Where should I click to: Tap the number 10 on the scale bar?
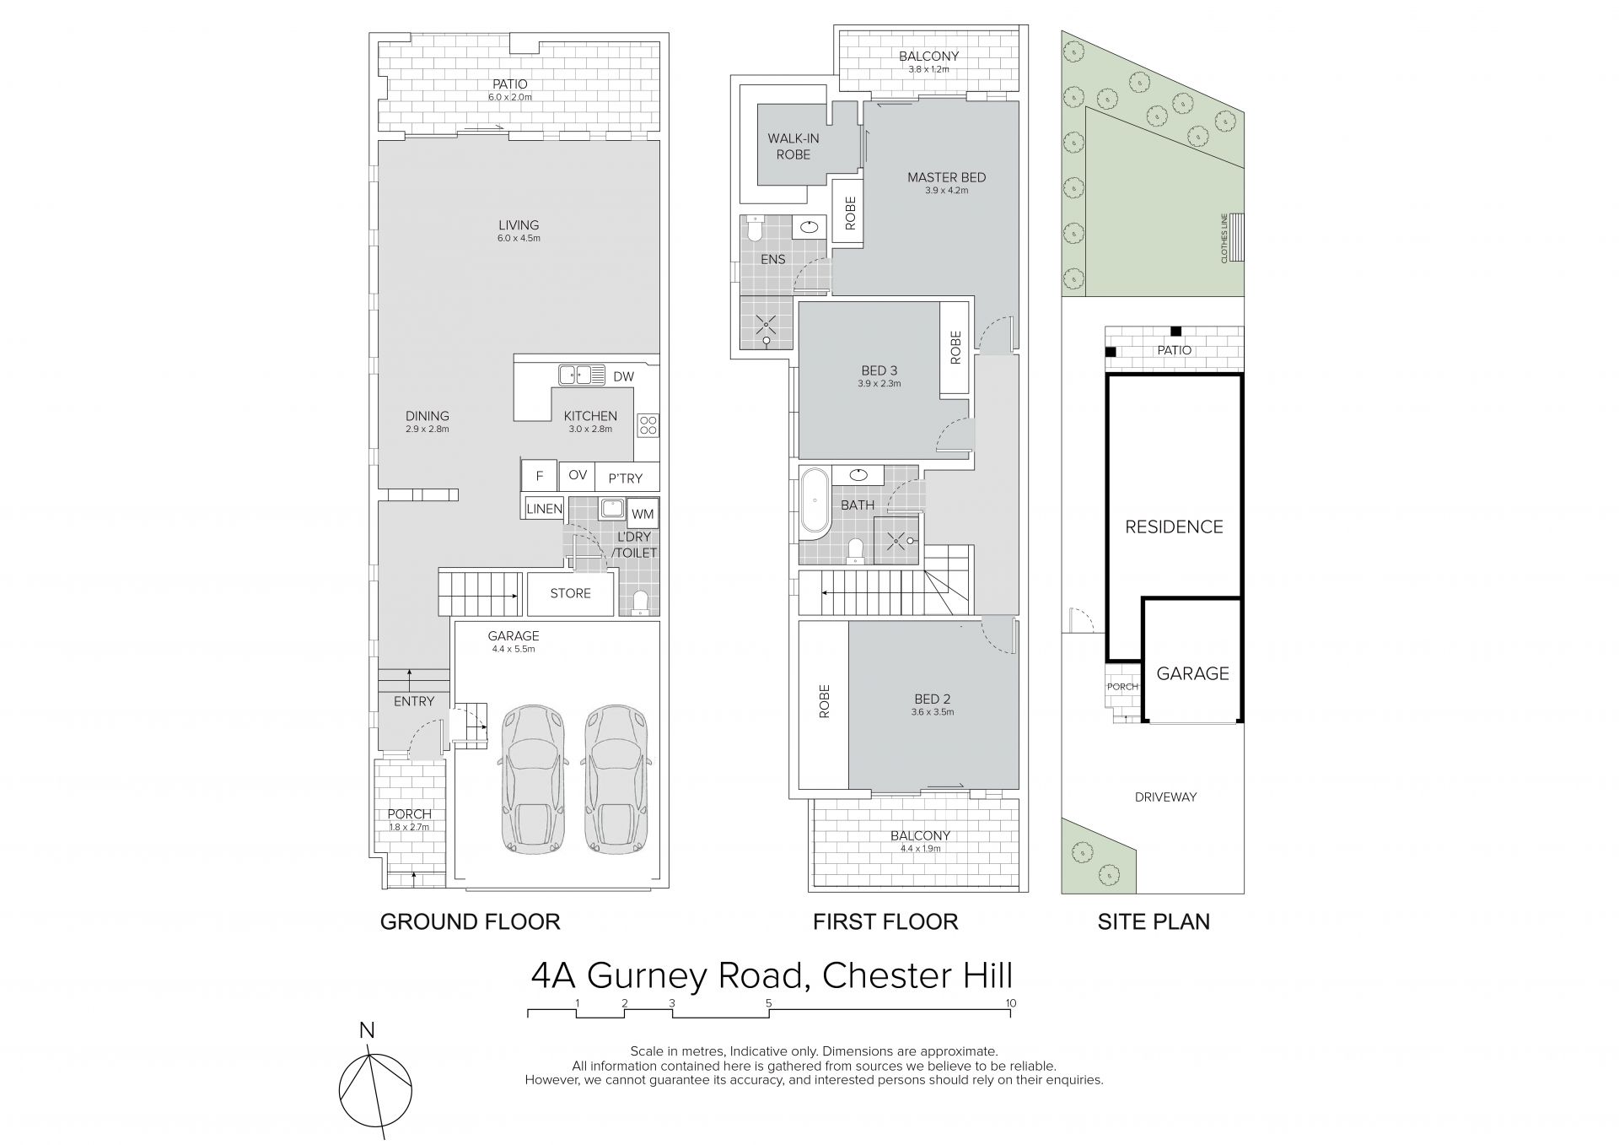pos(1010,1003)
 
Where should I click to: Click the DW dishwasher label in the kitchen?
pos(623,377)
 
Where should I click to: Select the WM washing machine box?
pos(643,514)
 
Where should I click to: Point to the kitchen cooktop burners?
pos(648,424)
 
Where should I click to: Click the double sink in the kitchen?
pos(581,374)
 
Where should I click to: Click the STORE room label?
pos(570,593)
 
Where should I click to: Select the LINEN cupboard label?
pos(544,509)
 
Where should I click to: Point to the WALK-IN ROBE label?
pos(793,146)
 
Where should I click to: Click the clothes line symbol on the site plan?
pos(1237,239)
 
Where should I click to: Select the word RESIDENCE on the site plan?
pos(1174,527)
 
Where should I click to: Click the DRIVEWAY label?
pos(1165,797)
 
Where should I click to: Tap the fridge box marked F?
pos(540,477)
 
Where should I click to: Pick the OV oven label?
pos(578,475)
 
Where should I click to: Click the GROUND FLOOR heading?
pos(470,921)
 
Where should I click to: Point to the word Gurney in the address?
pos(693,977)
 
